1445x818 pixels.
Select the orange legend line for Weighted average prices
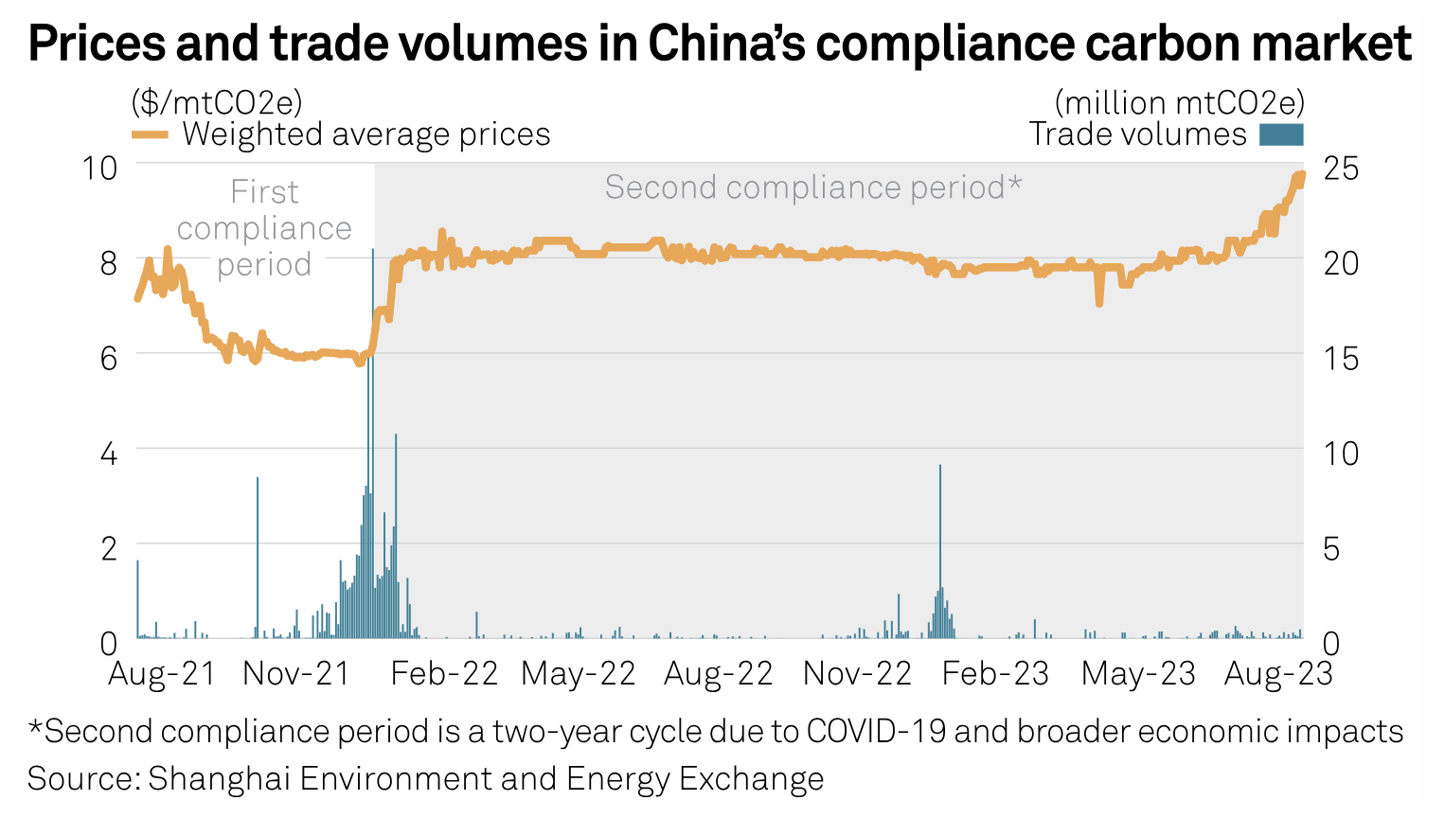[x=150, y=135]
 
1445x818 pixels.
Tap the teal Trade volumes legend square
[x=1281, y=135]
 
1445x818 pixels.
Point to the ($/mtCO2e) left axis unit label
[x=216, y=102]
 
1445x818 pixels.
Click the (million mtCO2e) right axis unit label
[x=1179, y=102]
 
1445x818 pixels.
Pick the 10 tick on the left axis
[x=99, y=169]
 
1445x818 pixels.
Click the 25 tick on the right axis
[x=1341, y=169]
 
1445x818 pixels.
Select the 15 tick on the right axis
[x=1341, y=358]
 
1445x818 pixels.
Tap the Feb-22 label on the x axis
[x=444, y=674]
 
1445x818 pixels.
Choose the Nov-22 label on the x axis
[x=857, y=674]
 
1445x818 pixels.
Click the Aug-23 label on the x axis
[x=1278, y=674]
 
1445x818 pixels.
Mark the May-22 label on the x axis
[x=579, y=674]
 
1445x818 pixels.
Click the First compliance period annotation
[x=264, y=228]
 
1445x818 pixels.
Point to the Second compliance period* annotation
[x=813, y=187]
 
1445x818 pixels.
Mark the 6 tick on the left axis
[x=108, y=358]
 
